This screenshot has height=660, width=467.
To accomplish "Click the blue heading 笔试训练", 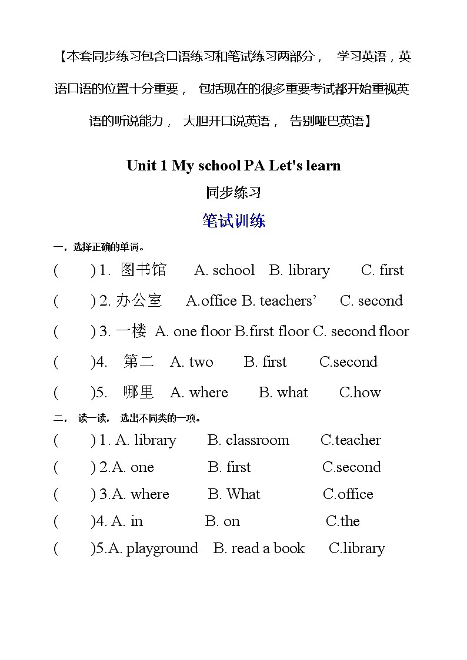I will (x=233, y=221).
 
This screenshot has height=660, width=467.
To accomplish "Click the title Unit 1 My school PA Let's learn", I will (x=233, y=166).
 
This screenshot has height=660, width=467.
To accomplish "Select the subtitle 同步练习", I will (x=233, y=192).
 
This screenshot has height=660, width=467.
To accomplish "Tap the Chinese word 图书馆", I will (x=144, y=270).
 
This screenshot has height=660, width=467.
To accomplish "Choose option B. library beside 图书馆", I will (x=299, y=270).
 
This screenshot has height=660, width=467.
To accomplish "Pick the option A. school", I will (x=224, y=270).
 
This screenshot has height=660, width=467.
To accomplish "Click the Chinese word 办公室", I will (x=139, y=301).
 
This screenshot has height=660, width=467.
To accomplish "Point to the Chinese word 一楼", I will (x=131, y=331).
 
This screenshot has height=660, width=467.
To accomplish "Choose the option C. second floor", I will (x=361, y=331).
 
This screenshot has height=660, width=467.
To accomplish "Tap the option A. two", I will (x=192, y=362).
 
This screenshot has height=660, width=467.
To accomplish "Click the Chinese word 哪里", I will (x=139, y=393).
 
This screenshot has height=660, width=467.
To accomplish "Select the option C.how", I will (x=360, y=393).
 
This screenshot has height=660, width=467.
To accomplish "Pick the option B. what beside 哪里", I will (x=283, y=393).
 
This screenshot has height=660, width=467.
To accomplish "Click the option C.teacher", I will (x=351, y=440).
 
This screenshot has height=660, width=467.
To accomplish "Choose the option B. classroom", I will (x=248, y=440).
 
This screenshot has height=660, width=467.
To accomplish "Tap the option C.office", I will (x=348, y=494).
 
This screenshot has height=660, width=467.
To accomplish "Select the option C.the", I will (x=342, y=521).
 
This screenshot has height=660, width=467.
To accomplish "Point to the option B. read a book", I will (x=259, y=548).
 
